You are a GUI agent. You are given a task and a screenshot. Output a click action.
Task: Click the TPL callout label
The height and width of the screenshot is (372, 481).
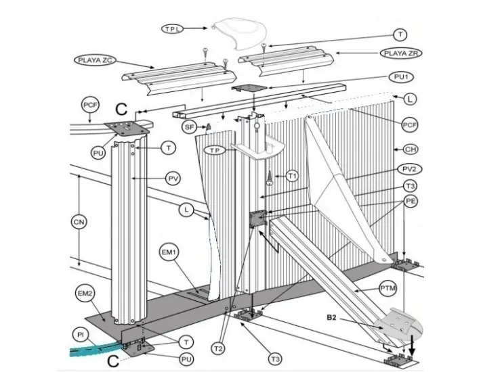point(172,29)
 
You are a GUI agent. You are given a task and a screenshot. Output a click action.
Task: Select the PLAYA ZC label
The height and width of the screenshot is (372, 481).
point(95,60)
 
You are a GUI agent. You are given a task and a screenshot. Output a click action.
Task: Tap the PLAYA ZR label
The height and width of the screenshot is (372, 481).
point(401,53)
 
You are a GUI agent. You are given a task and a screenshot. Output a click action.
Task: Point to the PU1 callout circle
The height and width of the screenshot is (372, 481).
point(401,77)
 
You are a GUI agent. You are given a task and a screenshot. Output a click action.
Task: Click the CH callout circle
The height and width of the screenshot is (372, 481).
point(411,149)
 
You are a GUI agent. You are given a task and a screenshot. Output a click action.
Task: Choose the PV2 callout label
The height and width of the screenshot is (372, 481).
point(409,169)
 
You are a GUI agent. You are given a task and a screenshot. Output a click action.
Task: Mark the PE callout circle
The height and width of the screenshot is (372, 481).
point(411,201)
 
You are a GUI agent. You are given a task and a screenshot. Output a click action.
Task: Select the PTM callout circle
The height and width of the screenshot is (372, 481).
point(388,288)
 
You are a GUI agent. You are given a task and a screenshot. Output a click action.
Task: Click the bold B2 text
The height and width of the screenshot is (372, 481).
point(331,318)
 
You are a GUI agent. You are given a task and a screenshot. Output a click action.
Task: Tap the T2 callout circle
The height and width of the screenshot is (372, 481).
point(218,349)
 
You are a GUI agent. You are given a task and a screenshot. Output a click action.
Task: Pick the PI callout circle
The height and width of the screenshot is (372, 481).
point(81,335)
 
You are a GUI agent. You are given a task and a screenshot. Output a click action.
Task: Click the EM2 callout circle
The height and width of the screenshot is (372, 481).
point(85,294)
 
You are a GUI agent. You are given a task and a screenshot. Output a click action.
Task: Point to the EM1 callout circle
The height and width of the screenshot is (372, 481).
point(169,252)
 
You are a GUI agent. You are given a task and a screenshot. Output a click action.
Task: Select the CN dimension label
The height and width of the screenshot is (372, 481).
point(79,222)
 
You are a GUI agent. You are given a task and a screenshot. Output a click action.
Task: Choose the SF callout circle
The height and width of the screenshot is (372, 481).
point(189,126)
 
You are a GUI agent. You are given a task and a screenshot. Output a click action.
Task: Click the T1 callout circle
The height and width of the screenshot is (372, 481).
point(293,176)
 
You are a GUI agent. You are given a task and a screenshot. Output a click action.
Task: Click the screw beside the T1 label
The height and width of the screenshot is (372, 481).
point(270,177)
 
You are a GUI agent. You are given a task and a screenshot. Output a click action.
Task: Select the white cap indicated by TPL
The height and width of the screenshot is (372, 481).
point(240,34)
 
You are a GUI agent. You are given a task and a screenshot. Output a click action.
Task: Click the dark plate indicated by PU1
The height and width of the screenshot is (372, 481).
point(249,88)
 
